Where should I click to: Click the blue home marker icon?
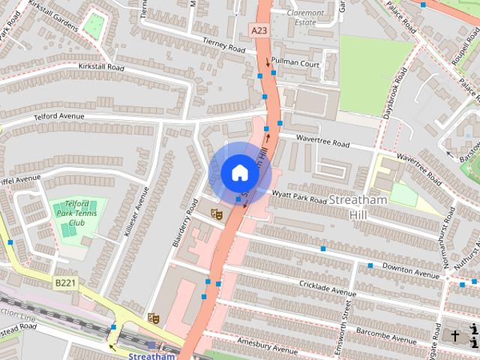pos(239,172)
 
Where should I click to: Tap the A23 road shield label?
pos(259,30)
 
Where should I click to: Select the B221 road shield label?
pos(65,283)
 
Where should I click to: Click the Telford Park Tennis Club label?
pos(77,213)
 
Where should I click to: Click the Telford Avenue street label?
pos(59,116)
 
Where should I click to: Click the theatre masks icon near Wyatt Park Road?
pos(216,214)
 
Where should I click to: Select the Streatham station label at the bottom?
pos(151,356)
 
